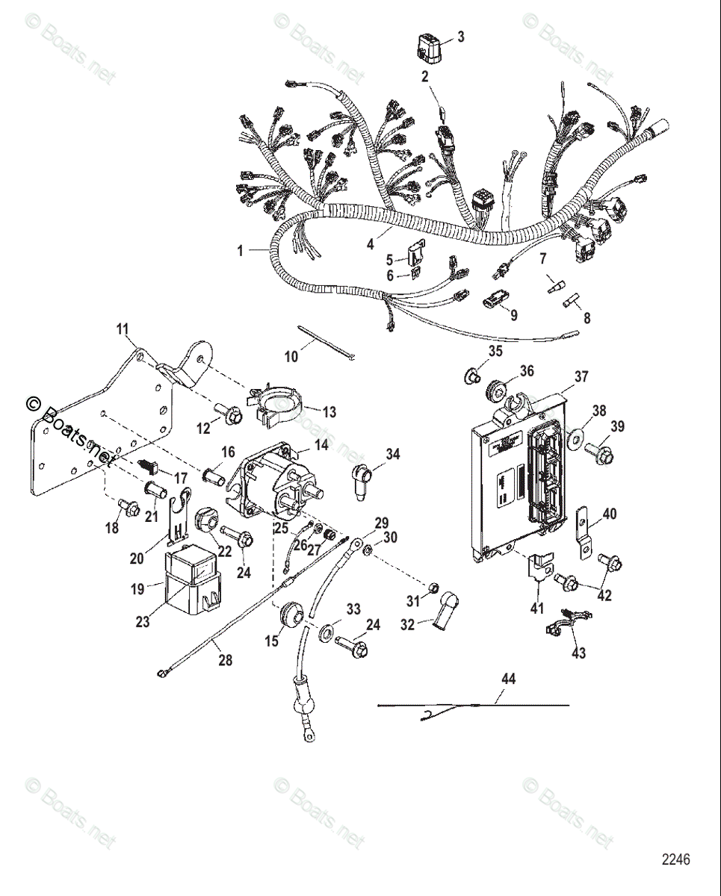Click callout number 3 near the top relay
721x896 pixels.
coord(460,36)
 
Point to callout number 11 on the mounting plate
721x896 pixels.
coord(123,328)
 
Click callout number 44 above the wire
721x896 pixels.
coord(509,679)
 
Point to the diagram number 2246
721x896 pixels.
coord(675,859)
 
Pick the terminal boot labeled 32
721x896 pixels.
coord(445,609)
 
